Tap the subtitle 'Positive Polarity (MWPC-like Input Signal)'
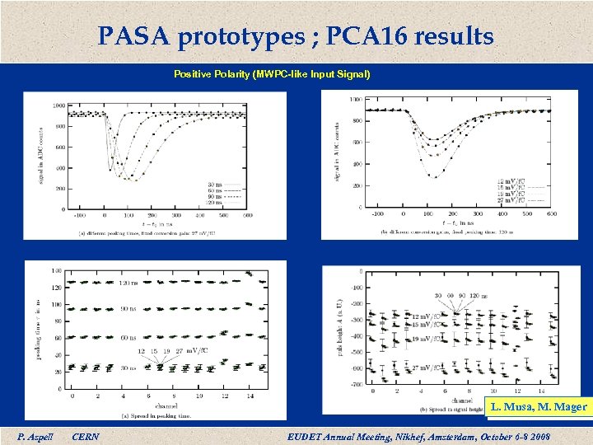(272, 74)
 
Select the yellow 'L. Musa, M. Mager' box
(539, 406)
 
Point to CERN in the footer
(86, 434)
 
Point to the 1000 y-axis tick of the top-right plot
(354, 100)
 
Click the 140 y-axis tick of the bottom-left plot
(56, 270)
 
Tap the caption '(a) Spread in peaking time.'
(156, 415)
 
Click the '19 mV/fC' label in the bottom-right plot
(428, 338)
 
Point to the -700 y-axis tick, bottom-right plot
(357, 384)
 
